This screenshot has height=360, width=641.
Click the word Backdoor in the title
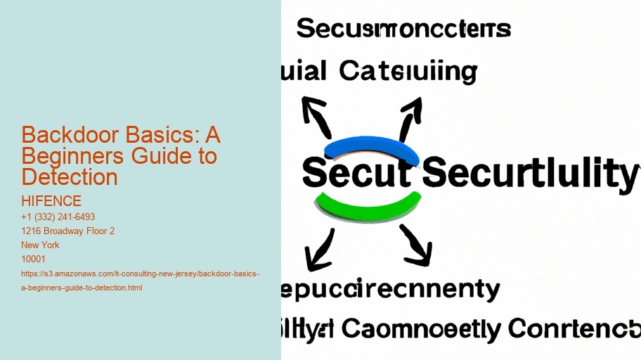tap(61, 135)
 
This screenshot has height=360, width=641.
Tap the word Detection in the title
tap(70, 176)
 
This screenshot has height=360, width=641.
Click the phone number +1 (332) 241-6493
tap(58, 217)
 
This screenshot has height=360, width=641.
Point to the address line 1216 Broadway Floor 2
tap(68, 231)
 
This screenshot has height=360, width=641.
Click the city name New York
tap(41, 245)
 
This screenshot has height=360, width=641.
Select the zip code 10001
tap(34, 259)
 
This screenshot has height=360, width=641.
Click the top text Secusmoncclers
tap(403, 30)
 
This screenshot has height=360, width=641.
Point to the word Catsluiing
tap(408, 72)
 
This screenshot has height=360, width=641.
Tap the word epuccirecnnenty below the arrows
tap(391, 290)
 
